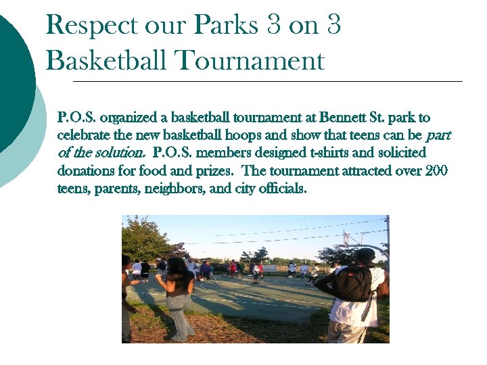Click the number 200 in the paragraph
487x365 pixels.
tap(436, 171)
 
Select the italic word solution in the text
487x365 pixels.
tap(122, 153)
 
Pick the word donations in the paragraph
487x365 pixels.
tap(86, 171)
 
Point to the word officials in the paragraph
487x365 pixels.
tap(281, 189)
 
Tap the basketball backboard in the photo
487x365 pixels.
tap(347, 238)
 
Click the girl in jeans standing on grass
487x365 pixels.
tap(178, 297)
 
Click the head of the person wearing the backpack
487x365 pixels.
tap(365, 257)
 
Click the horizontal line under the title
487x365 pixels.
tap(267, 81)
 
